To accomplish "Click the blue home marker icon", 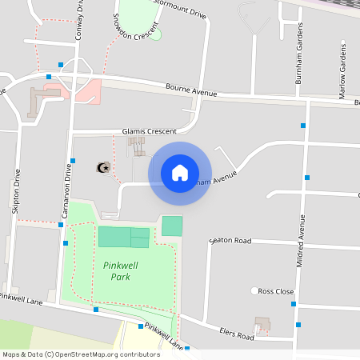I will tap(180, 173).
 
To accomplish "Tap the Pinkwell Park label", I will tap(117, 271).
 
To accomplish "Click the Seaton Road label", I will tap(230, 240).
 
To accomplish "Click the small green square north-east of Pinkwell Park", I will tap(172, 226).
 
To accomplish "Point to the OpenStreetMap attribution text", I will tap(81, 354).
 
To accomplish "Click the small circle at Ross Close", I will tap(255, 290).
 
